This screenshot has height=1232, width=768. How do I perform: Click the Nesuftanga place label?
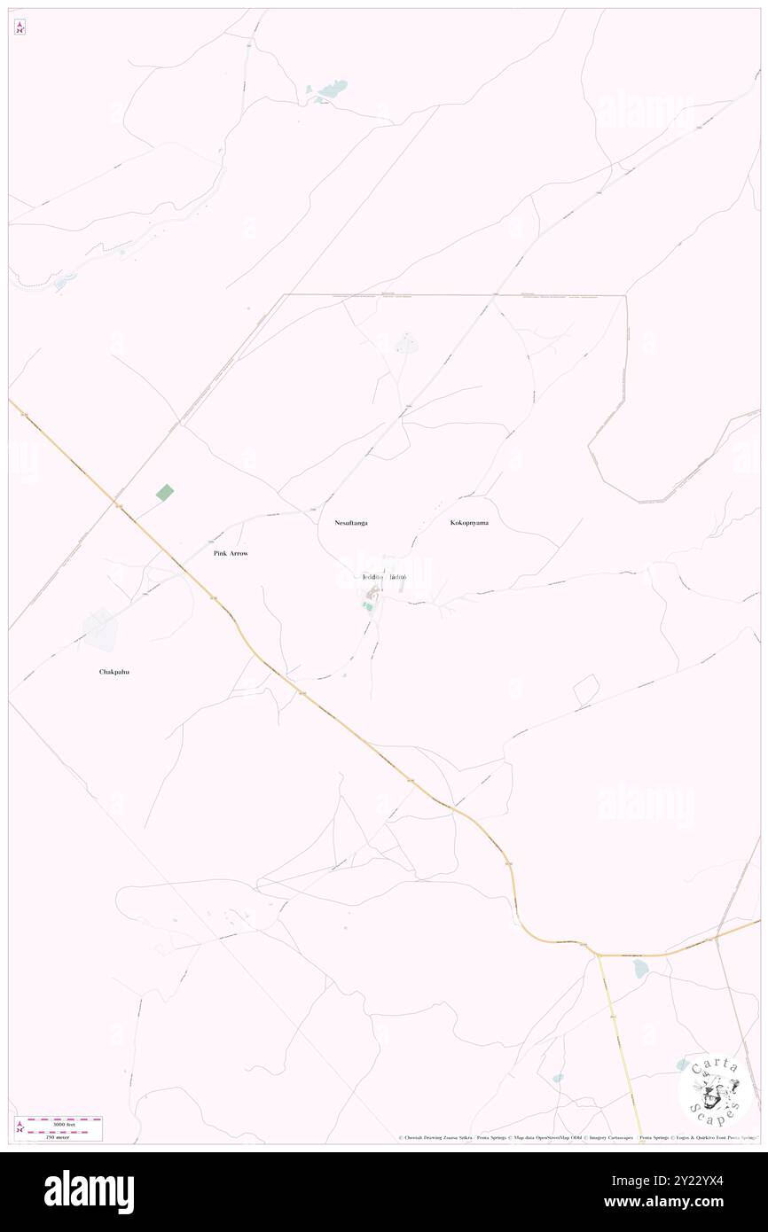[351, 524]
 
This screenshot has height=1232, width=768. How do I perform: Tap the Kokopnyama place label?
[468, 523]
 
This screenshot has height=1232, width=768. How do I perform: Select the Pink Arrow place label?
[231, 553]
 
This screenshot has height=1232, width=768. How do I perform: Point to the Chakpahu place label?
[120, 672]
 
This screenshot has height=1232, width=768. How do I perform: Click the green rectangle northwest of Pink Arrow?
[165, 492]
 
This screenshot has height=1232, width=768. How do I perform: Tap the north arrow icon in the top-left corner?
[20, 27]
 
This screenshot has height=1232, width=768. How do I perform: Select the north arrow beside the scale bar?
[20, 1127]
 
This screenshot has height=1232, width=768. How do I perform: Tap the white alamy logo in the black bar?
[89, 1192]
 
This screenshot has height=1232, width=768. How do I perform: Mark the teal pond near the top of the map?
[330, 90]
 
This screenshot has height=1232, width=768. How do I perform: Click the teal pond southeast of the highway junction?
[640, 970]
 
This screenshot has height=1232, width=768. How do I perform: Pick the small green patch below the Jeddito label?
[367, 606]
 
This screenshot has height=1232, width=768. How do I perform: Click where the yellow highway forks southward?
[599, 955]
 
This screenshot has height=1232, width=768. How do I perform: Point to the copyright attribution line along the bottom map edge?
[576, 1137]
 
